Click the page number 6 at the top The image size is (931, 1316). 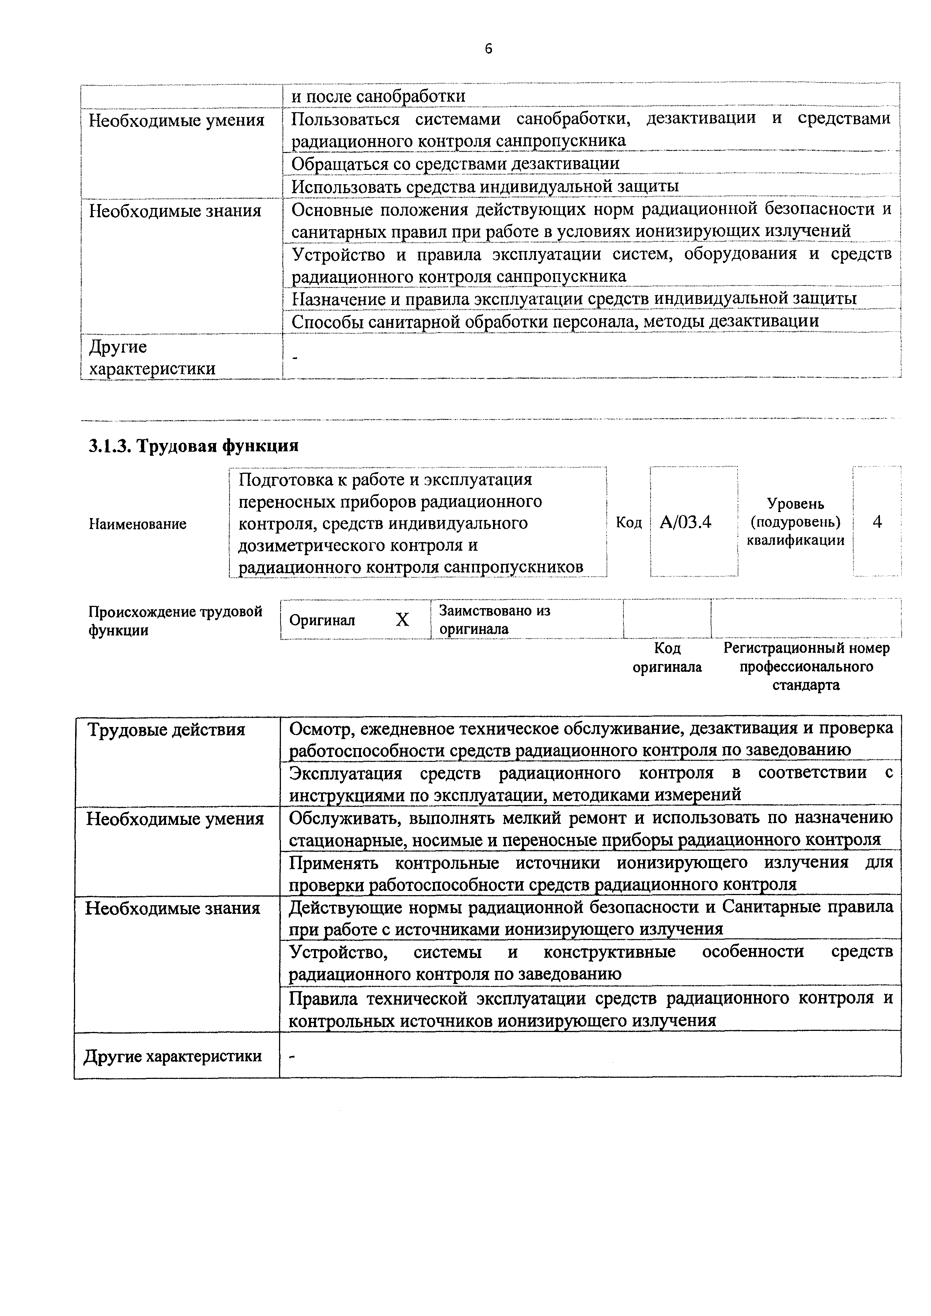pyautogui.click(x=488, y=49)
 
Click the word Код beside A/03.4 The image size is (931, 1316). pyautogui.click(x=628, y=522)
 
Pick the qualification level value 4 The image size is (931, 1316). pyautogui.click(x=877, y=521)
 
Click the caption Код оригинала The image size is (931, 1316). pyautogui.click(x=667, y=657)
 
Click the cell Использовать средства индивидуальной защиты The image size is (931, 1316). pyautogui.click(x=485, y=186)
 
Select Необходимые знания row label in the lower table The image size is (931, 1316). pyautogui.click(x=173, y=909)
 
